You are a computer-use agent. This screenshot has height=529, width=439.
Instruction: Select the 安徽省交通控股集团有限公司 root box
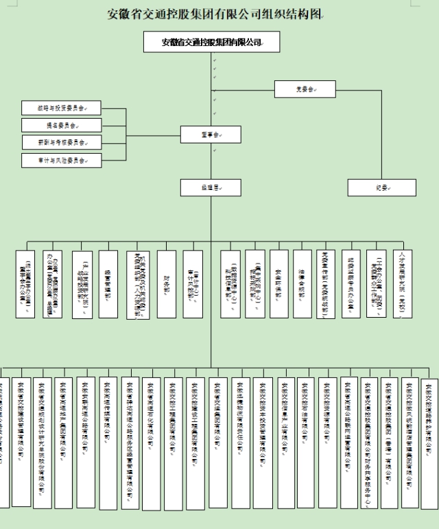(x=212, y=42)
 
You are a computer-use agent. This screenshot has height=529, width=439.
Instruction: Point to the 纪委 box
(x=382, y=187)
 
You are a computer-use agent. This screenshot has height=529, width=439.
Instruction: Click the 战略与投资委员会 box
(x=61, y=108)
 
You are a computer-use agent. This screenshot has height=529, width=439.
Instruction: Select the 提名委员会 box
(x=61, y=126)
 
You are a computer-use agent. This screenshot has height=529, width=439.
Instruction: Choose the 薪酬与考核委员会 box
(x=61, y=143)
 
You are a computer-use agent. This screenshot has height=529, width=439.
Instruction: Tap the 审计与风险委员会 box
(x=61, y=161)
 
